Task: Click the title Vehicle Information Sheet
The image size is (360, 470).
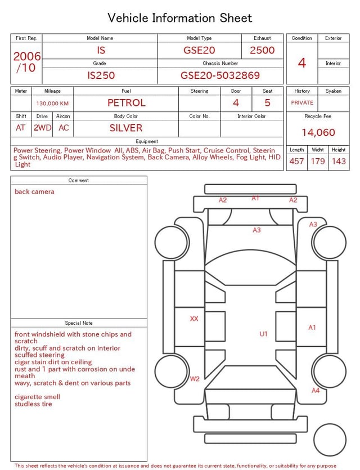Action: point(180,18)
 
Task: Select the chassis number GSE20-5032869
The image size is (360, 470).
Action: point(220,75)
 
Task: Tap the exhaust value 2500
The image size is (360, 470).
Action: point(262,50)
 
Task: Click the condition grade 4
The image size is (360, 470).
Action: point(302,62)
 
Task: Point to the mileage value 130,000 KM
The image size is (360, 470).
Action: point(52,104)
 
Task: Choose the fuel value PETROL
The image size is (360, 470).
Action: point(126,103)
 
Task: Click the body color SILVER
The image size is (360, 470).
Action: point(126,128)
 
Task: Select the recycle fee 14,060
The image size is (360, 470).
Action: point(318,132)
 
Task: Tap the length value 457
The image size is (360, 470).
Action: point(296,161)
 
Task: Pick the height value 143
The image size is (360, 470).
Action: point(339,161)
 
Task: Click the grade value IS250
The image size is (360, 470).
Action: point(101,75)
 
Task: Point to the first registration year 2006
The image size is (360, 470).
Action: point(27,56)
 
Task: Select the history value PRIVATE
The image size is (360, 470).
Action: point(302,103)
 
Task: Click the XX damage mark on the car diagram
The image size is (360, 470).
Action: point(194,319)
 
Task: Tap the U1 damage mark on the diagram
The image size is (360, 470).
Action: point(263,334)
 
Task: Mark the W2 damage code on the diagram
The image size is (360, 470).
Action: point(195,378)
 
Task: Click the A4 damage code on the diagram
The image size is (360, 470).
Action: point(316,390)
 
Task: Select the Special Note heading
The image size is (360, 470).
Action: point(79,323)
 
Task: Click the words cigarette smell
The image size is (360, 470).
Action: point(37,397)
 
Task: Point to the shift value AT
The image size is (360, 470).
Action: point(21,128)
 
